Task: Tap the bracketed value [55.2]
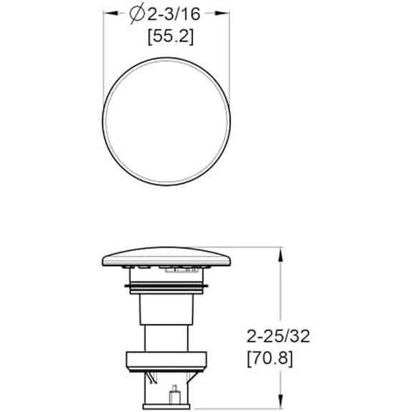pos(169,37)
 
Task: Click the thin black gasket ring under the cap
pos(169,288)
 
